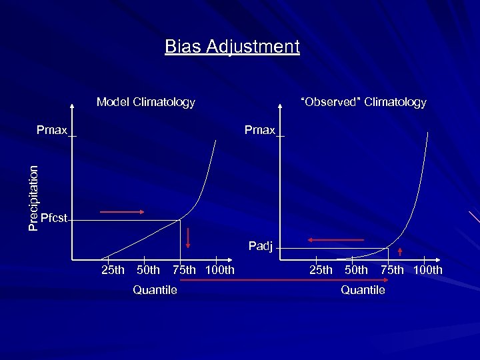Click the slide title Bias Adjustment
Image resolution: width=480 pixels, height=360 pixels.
[x=233, y=47]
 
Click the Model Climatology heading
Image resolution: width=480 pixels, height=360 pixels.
[x=145, y=102]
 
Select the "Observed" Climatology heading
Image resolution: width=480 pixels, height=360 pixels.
[x=363, y=102]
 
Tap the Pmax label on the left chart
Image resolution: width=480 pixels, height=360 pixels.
[x=52, y=130]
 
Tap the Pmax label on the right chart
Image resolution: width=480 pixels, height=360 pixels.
[x=259, y=130]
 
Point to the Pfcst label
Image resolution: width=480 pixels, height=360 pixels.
[x=53, y=218]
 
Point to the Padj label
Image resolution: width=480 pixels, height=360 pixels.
[x=261, y=246]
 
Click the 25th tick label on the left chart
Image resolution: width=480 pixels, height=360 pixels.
[x=112, y=270]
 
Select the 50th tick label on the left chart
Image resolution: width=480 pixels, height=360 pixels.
[x=148, y=270]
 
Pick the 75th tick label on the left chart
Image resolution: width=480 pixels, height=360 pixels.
[x=184, y=270]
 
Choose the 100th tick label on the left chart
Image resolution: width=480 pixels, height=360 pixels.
[x=220, y=270]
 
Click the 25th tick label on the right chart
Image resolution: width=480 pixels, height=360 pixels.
[x=321, y=270]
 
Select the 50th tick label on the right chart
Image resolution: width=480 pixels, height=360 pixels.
[x=356, y=270]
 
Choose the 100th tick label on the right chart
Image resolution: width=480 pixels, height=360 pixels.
[x=427, y=270]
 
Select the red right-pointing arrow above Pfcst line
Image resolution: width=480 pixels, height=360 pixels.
[x=122, y=212]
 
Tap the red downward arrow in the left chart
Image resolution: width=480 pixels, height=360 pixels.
[x=188, y=238]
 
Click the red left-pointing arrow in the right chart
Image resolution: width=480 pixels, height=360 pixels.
[x=335, y=239]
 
